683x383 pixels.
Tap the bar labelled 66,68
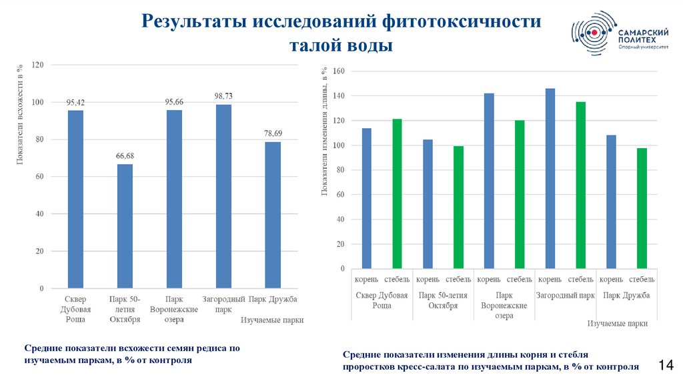(125, 226)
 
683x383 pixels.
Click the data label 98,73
(223, 96)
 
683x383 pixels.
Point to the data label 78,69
(273, 133)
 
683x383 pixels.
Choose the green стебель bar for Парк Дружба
(642, 208)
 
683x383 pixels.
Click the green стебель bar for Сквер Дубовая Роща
(397, 194)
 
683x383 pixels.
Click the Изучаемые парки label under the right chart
(618, 323)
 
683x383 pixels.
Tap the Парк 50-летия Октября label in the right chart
(438, 300)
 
